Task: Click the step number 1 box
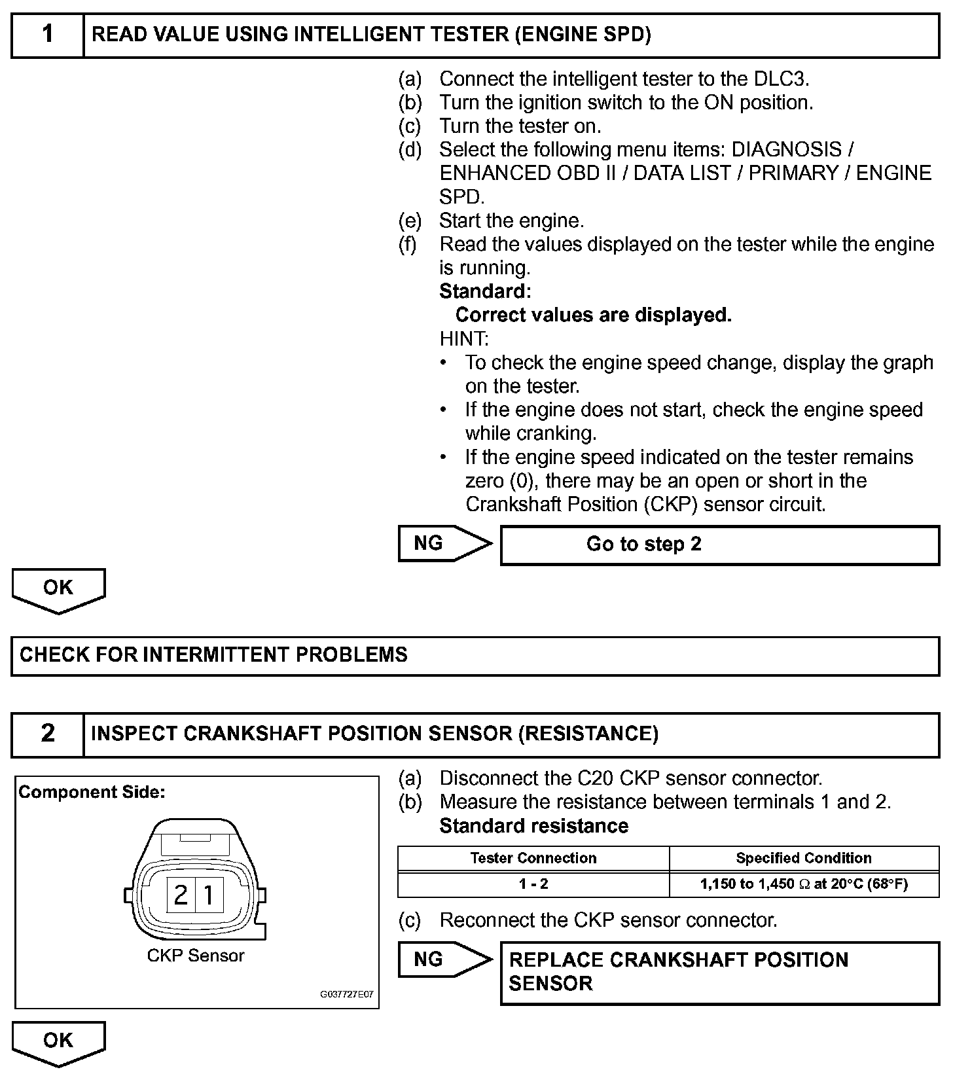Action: [48, 35]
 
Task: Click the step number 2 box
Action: [48, 734]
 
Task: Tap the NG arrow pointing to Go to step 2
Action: [444, 543]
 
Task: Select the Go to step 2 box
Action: [719, 545]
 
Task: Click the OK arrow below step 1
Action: [58, 589]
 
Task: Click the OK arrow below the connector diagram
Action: [58, 1042]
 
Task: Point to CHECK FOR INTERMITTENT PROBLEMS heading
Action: [213, 655]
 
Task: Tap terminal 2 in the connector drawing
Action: [181, 895]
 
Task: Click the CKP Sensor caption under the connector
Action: [196, 956]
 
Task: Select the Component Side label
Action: [92, 793]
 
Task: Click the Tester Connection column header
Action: [533, 858]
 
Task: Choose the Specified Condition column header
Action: [804, 858]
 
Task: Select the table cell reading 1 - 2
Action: [533, 884]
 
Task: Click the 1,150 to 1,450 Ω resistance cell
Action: [804, 884]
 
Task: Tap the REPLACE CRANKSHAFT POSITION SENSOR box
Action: [719, 972]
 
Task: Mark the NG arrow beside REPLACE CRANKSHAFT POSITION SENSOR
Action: [444, 959]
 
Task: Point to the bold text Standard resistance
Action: [533, 826]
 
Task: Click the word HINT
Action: [464, 339]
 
